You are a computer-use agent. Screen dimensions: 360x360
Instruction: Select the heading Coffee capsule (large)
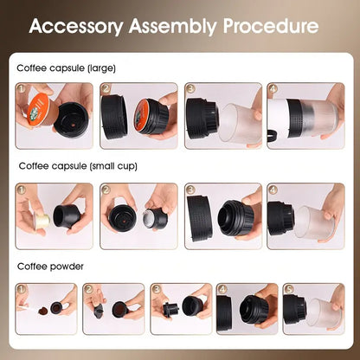point(66,67)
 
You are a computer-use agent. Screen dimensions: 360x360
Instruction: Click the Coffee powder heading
point(50,267)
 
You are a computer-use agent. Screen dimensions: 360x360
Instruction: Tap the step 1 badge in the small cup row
point(22,189)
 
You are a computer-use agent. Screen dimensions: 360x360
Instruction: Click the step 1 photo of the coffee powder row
point(45,308)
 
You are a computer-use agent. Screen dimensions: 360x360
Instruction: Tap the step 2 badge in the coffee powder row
point(89,289)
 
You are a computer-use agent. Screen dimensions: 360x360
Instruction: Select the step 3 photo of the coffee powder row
point(180,308)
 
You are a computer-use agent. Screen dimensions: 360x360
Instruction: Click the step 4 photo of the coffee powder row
point(247,308)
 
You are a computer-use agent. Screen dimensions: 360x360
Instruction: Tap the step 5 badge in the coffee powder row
point(289,289)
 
